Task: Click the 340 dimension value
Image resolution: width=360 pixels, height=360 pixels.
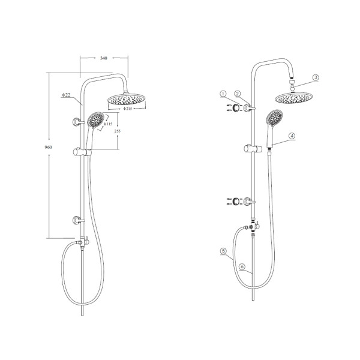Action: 104,58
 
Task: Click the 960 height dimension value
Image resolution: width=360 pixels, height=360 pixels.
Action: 48,147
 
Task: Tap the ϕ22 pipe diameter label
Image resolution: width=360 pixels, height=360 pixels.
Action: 66,95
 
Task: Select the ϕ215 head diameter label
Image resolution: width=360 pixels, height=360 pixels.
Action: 127,109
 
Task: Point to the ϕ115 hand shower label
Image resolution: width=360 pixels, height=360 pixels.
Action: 108,124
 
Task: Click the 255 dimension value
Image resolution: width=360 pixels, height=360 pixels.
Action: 118,131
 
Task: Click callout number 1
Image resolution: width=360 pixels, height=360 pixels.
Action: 223,94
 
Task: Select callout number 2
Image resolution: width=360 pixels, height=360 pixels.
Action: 238,94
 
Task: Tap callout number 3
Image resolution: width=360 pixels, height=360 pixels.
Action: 316,77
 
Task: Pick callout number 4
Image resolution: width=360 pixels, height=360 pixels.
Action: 292,136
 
